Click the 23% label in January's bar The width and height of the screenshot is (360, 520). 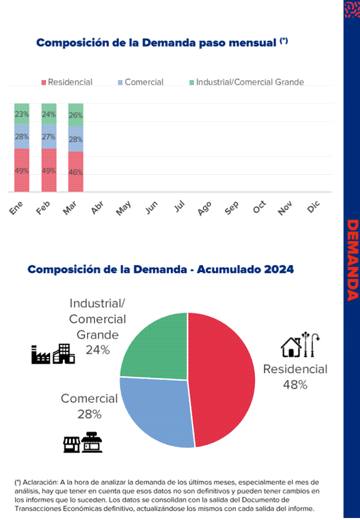click(21, 114)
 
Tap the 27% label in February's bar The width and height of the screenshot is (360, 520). click(48, 137)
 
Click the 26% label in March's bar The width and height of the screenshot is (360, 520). click(75, 115)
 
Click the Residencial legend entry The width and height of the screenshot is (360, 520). click(67, 82)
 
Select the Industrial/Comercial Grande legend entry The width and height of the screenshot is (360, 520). click(246, 82)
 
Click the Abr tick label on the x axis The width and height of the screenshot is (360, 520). click(97, 208)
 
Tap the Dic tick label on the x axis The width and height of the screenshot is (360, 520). click(313, 208)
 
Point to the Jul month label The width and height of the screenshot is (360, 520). click(179, 207)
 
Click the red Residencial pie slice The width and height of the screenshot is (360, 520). click(222, 380)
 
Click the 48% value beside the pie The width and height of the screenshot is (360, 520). click(294, 384)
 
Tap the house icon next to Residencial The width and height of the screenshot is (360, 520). click(290, 347)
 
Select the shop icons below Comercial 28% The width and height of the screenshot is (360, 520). click(83, 443)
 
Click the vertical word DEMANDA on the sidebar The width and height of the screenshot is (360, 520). click(352, 260)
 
